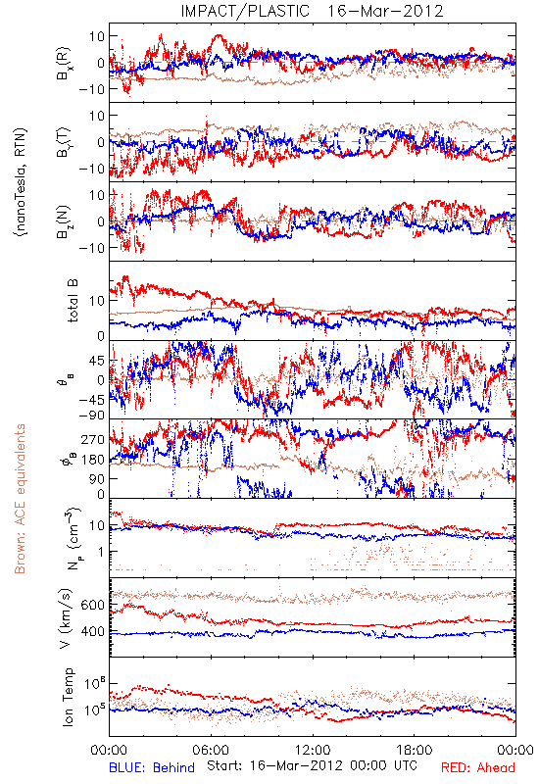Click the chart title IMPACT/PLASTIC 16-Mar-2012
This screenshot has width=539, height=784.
click(312, 11)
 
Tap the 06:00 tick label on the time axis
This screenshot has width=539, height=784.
click(211, 750)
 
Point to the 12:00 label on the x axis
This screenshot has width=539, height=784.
click(313, 750)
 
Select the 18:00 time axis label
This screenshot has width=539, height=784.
click(414, 750)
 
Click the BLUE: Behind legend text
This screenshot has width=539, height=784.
click(152, 767)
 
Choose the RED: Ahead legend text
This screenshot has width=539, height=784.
click(478, 767)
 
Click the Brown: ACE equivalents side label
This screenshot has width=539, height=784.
click(20, 499)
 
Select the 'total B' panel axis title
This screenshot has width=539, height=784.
click(73, 301)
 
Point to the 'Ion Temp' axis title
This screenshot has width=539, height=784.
click(68, 697)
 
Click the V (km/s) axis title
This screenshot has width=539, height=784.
click(66, 618)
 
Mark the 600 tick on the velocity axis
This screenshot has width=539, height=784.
click(93, 605)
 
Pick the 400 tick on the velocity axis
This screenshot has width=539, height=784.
click(93, 631)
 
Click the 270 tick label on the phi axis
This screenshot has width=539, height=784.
click(93, 439)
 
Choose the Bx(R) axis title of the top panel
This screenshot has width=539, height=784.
click(64, 64)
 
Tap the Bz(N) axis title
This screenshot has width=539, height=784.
click(64, 222)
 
